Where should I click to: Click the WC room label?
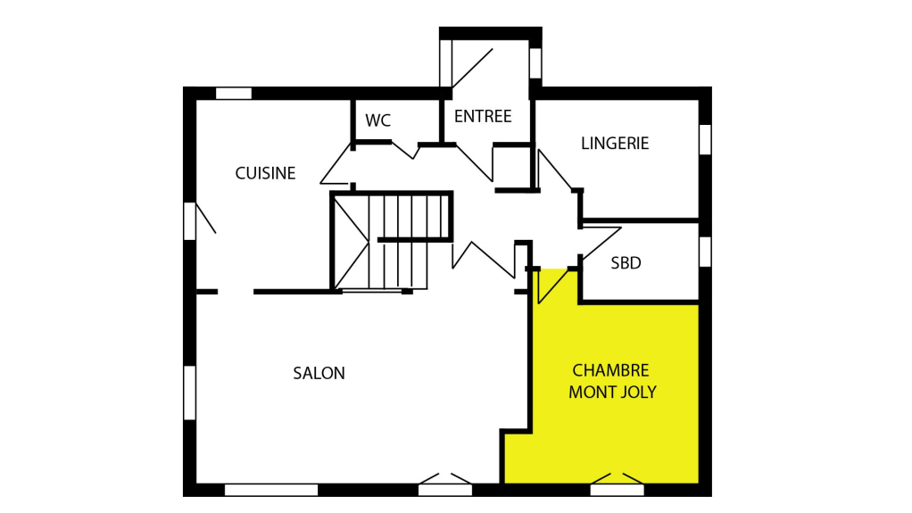pyautogui.click(x=378, y=120)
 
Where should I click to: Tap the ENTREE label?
pyautogui.click(x=483, y=116)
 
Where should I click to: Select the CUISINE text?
pyautogui.click(x=265, y=173)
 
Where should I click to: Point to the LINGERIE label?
pyautogui.click(x=615, y=143)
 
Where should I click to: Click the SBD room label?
pyautogui.click(x=626, y=263)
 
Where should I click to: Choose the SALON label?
pyautogui.click(x=319, y=373)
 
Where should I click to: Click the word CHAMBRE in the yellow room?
pyautogui.click(x=610, y=370)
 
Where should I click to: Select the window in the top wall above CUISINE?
pyautogui.click(x=234, y=93)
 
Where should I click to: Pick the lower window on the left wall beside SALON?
pyautogui.click(x=189, y=393)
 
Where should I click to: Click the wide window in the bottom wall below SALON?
pyautogui.click(x=271, y=490)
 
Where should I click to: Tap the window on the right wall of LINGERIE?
pyautogui.click(x=705, y=139)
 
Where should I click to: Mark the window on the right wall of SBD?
pyautogui.click(x=705, y=252)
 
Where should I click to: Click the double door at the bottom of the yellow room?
pyautogui.click(x=618, y=484)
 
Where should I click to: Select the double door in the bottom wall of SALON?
pyautogui.click(x=445, y=484)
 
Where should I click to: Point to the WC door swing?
pyautogui.click(x=405, y=150)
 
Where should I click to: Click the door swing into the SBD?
pyautogui.click(x=601, y=243)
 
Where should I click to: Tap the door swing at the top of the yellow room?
pyautogui.click(x=552, y=285)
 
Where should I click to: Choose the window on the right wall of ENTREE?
pyautogui.click(x=535, y=63)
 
